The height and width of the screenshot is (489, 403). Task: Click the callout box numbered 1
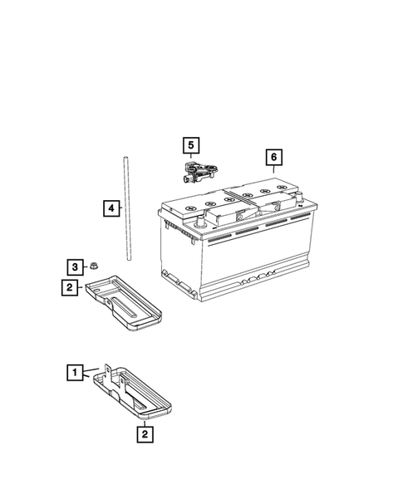pyautogui.click(x=75, y=373)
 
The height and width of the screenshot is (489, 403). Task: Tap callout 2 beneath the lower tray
pyautogui.click(x=145, y=433)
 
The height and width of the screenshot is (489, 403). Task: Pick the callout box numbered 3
pyautogui.click(x=75, y=267)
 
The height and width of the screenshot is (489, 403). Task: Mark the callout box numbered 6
pyautogui.click(x=272, y=157)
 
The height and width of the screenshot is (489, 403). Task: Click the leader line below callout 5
pyautogui.click(x=191, y=159)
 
